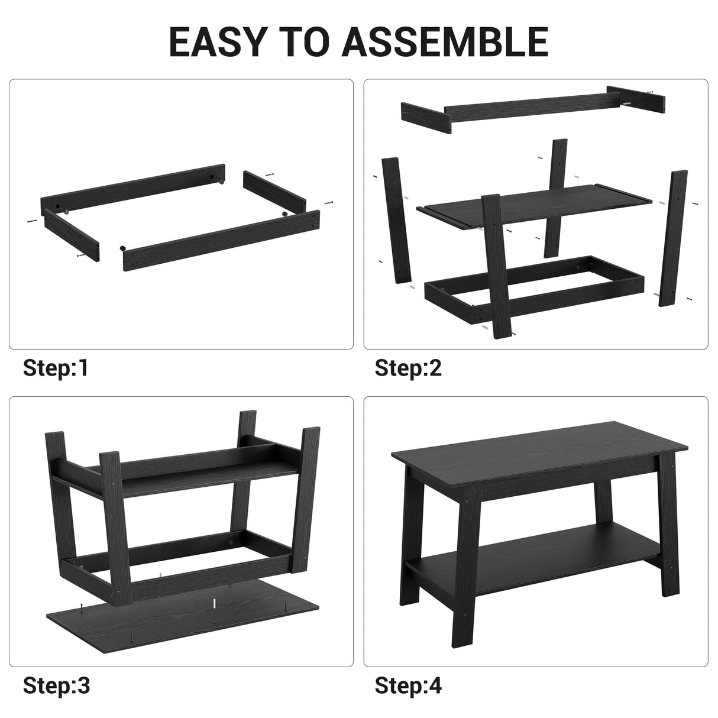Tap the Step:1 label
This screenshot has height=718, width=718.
56,368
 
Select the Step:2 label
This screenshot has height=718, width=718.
408,368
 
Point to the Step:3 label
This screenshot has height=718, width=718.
57,685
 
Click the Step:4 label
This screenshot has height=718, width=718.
408,685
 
